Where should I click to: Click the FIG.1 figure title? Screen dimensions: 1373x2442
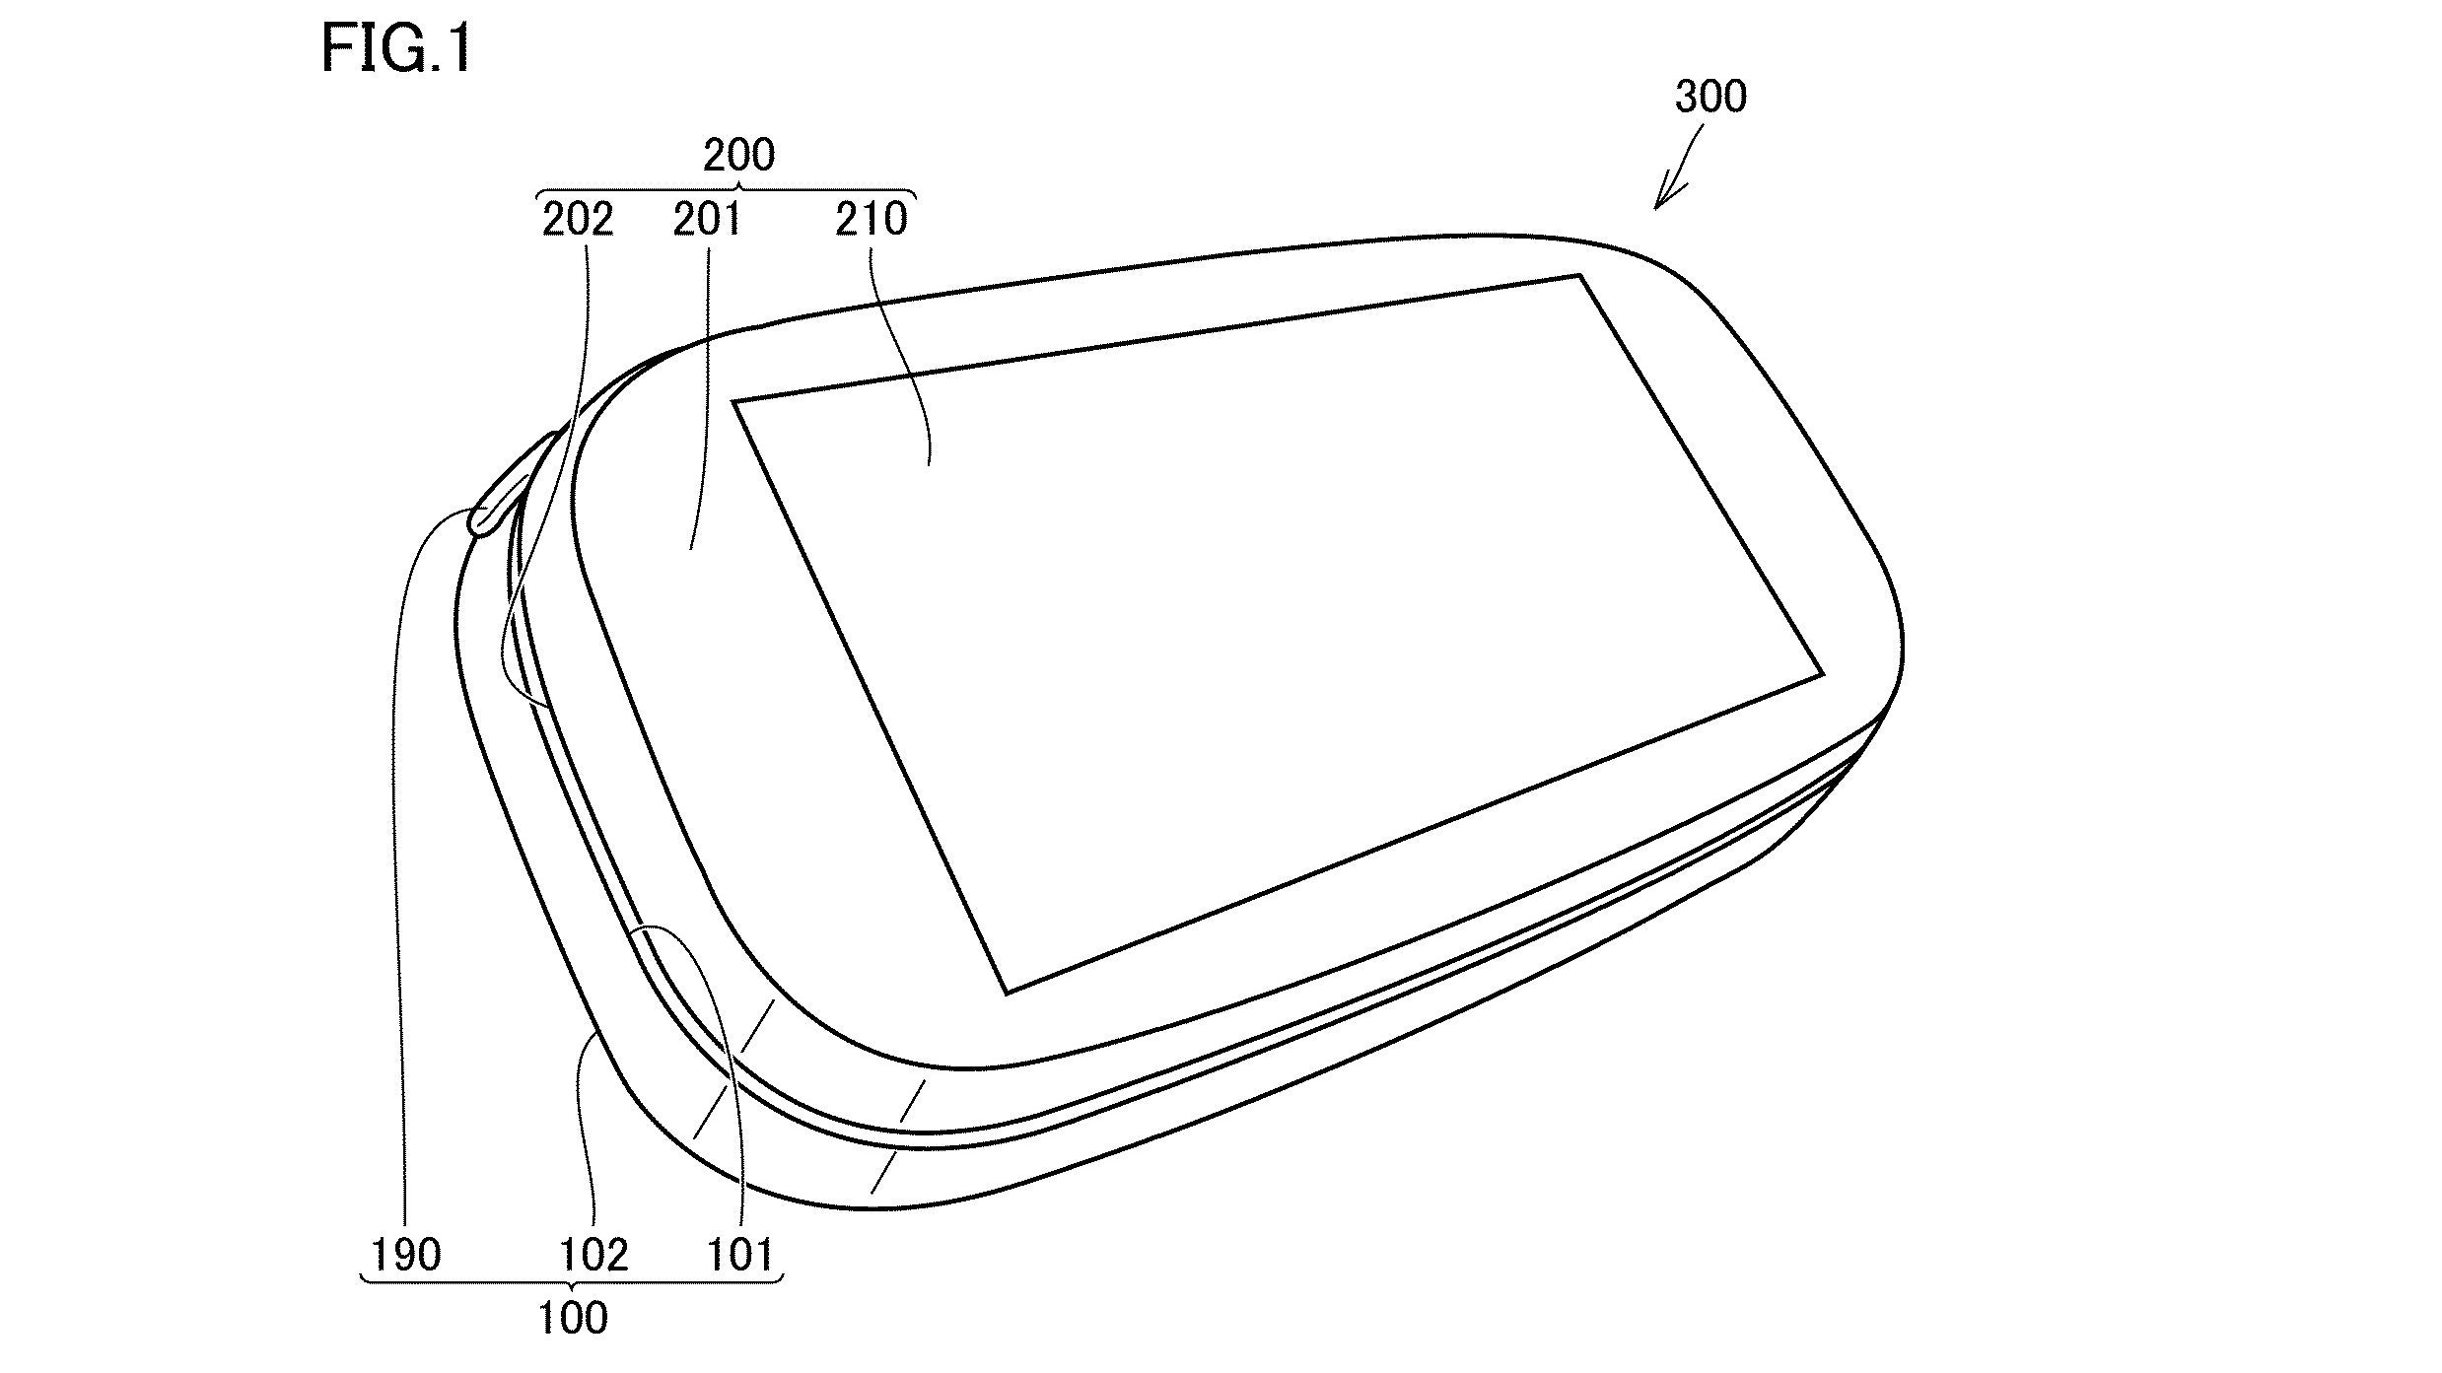[396, 49]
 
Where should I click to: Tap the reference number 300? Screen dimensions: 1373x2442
[1710, 97]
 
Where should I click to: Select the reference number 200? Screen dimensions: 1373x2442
[739, 155]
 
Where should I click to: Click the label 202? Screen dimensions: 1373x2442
[578, 220]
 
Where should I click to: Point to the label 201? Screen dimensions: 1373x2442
[707, 220]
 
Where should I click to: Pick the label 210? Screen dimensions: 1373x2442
[871, 220]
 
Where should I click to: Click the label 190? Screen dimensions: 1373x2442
[405, 1255]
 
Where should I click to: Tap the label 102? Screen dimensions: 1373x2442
[593, 1255]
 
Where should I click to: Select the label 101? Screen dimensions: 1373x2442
[740, 1255]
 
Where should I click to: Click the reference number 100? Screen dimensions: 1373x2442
[573, 1318]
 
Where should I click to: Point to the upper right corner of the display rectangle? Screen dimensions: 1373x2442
[1579, 277]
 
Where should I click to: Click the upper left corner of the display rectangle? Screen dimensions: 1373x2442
[735, 401]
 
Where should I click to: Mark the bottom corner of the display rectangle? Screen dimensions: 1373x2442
[1006, 993]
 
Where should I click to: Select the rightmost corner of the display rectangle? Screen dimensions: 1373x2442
[1822, 675]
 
